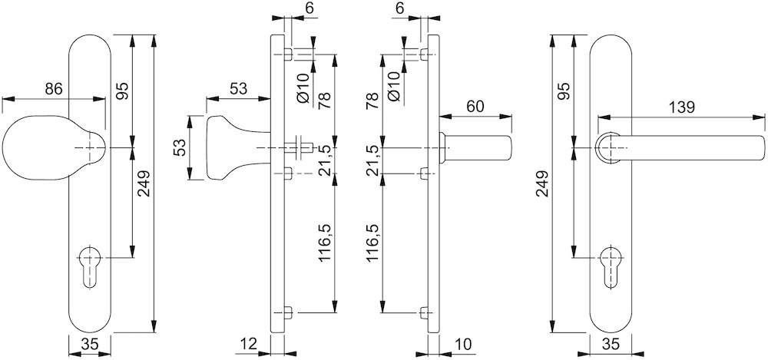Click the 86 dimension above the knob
(x=52, y=88)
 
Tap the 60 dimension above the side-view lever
(x=475, y=106)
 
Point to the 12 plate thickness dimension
(x=249, y=345)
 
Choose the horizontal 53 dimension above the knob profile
(x=238, y=88)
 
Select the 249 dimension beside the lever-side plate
(x=543, y=184)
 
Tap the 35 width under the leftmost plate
(x=90, y=345)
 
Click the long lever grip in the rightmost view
(x=691, y=150)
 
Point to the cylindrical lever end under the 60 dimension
(x=476, y=147)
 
